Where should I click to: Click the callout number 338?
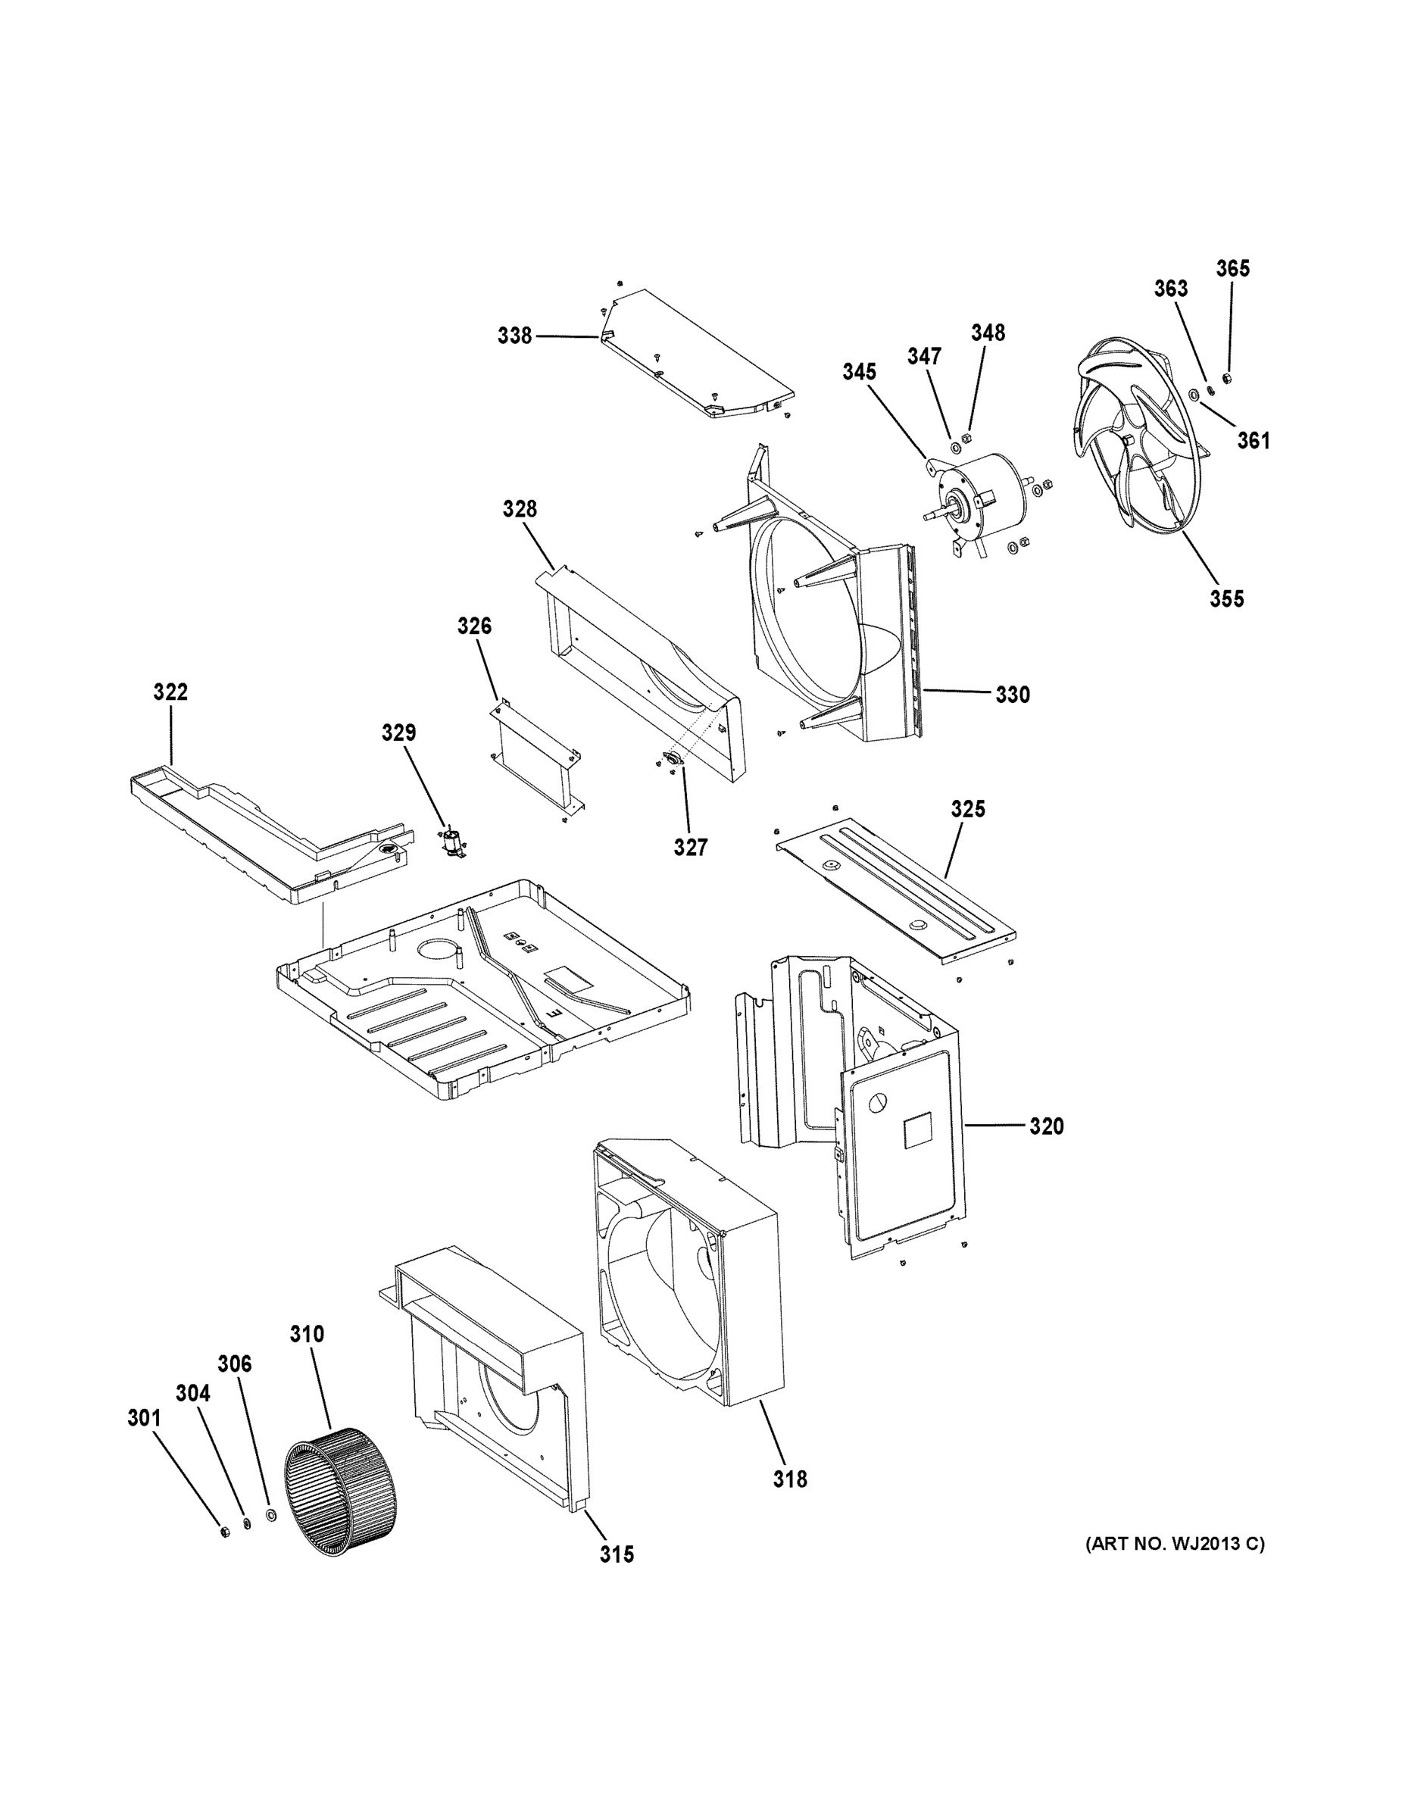coord(514,336)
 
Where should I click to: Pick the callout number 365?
coord(1233,268)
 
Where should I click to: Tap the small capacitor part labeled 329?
coord(452,842)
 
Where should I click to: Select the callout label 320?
coord(1046,1126)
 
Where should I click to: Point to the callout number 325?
coord(968,808)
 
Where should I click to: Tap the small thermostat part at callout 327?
coord(671,757)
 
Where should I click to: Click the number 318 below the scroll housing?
coord(790,1479)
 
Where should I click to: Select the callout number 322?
coord(170,692)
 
